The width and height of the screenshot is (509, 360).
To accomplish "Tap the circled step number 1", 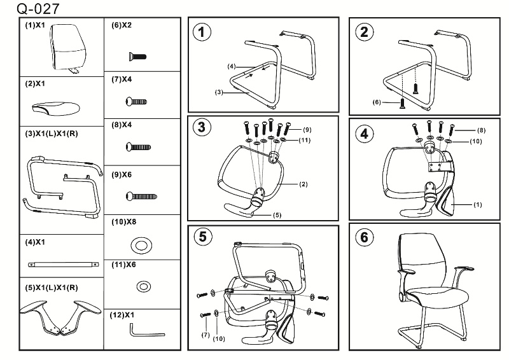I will tap(203, 33).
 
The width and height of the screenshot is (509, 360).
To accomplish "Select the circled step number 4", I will tap(365, 134).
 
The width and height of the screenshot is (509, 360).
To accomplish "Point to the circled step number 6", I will tap(365, 237).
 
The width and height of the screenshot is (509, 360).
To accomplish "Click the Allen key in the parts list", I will tap(146, 331).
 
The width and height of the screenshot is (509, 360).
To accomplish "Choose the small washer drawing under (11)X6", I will tap(143, 287).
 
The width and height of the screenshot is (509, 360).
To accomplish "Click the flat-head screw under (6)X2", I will tap(137, 56).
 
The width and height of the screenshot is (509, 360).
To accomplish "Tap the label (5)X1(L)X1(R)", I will tap(52, 287).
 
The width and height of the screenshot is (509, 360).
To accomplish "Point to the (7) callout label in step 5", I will tap(206, 334).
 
